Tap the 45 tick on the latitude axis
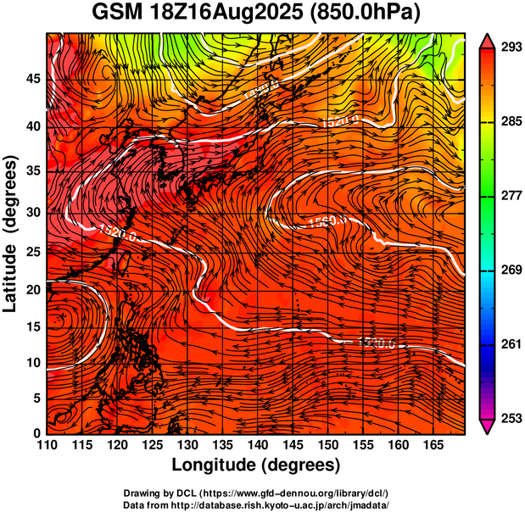32,79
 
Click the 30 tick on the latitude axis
32,212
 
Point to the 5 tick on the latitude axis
36,397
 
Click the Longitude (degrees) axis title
256,466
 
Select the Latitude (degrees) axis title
12,233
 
